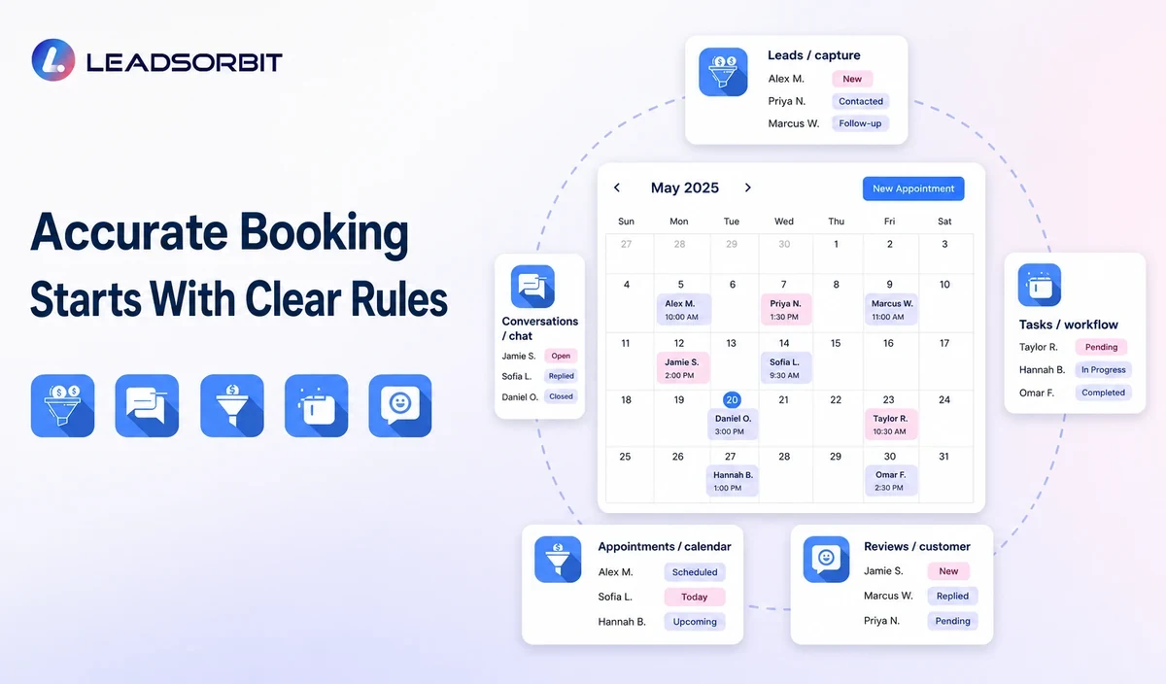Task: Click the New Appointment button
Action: coord(913,188)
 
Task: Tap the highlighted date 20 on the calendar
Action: coord(732,399)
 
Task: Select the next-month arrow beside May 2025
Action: coord(748,188)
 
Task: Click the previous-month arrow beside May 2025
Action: coord(617,188)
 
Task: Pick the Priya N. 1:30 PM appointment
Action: coord(785,310)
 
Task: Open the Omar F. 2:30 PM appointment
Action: coord(891,481)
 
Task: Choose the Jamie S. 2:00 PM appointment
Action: coord(682,368)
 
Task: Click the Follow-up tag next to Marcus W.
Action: coord(860,123)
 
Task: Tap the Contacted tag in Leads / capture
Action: coord(861,101)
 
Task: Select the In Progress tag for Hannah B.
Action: coord(1103,369)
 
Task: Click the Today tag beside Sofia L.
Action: coord(695,597)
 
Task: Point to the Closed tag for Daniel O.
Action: coord(561,396)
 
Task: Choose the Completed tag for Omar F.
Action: coord(1103,393)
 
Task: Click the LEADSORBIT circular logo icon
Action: coord(53,60)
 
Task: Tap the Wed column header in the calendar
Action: coord(784,222)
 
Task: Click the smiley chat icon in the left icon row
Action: coord(399,405)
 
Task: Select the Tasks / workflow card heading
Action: coord(1068,325)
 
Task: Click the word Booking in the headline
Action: coord(324,232)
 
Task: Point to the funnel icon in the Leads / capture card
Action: coord(723,72)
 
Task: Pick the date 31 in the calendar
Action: coord(943,457)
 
